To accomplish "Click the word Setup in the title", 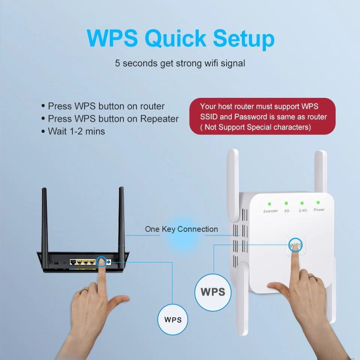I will [x=244, y=39].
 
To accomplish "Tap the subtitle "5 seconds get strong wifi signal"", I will [x=180, y=63].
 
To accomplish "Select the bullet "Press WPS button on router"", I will [x=106, y=106].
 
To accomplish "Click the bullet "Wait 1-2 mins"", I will [x=76, y=131].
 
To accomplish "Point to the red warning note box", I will [x=262, y=116].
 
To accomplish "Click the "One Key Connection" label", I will [x=181, y=229].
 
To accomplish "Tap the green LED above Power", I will [x=318, y=202].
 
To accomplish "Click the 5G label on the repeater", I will [x=287, y=211].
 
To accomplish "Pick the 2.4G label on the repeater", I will [x=303, y=210].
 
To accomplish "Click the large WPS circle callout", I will [x=213, y=292].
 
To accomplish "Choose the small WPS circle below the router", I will [x=172, y=320].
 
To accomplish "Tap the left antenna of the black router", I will [x=45, y=221].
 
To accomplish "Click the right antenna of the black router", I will [x=121, y=221].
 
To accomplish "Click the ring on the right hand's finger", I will [x=312, y=277].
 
